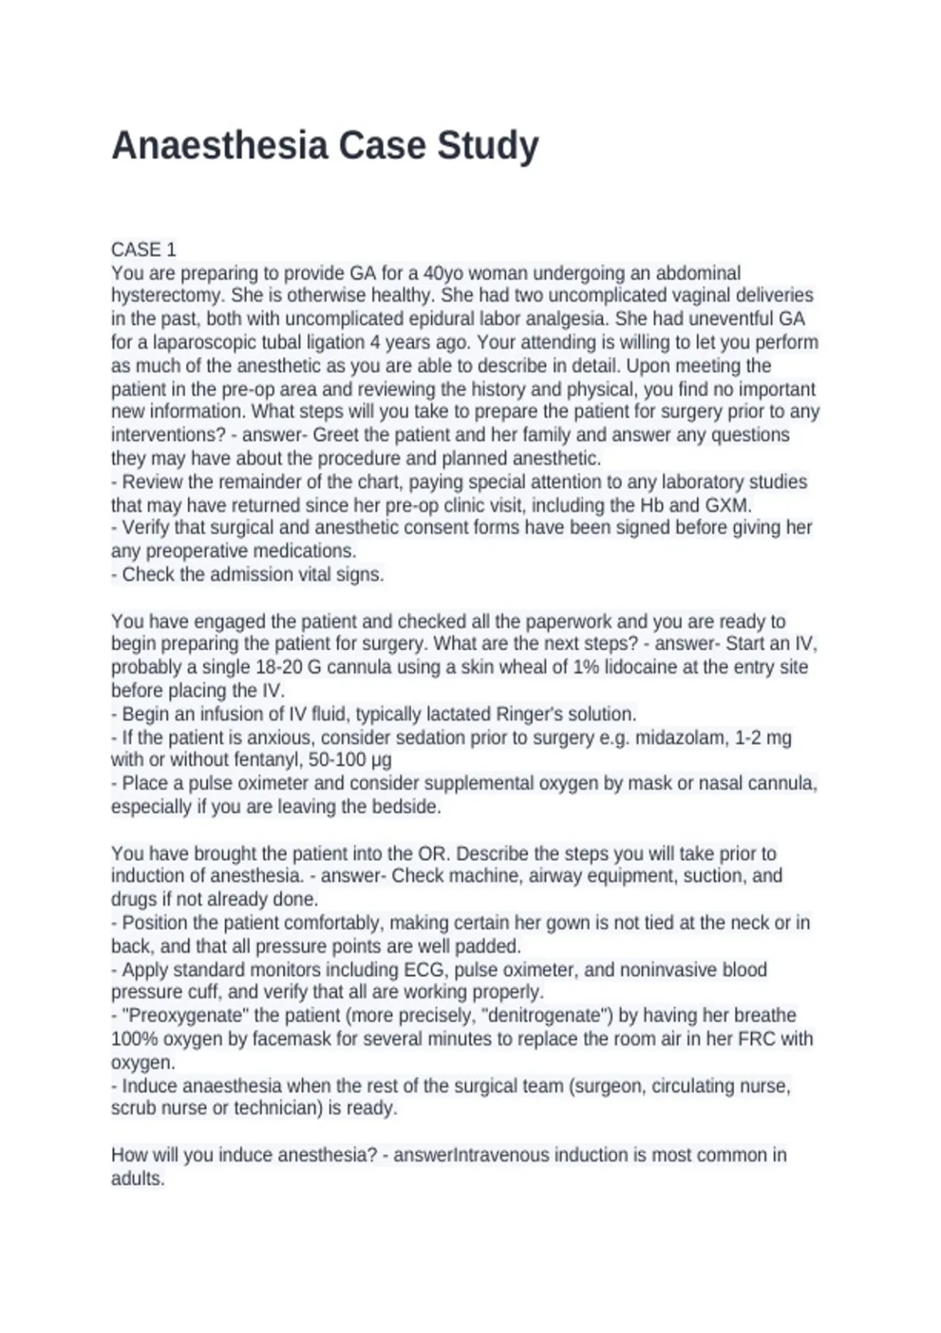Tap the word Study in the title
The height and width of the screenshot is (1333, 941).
pos(488,146)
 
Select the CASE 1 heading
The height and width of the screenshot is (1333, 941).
pos(144,249)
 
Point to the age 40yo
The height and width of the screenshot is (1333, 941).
pos(443,273)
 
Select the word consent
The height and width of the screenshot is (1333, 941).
pos(449,528)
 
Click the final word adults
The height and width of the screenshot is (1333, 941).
pos(137,1179)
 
